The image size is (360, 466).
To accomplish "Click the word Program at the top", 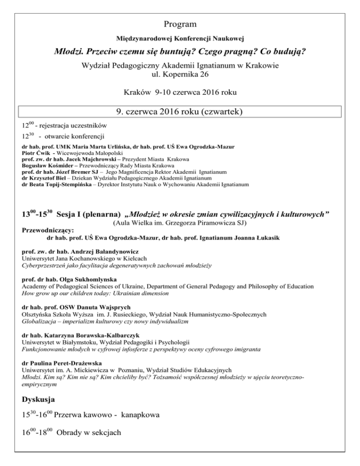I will pos(180,23).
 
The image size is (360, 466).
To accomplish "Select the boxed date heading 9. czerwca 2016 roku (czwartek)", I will pos(180,113).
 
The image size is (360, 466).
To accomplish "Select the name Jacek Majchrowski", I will pos(85,159).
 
